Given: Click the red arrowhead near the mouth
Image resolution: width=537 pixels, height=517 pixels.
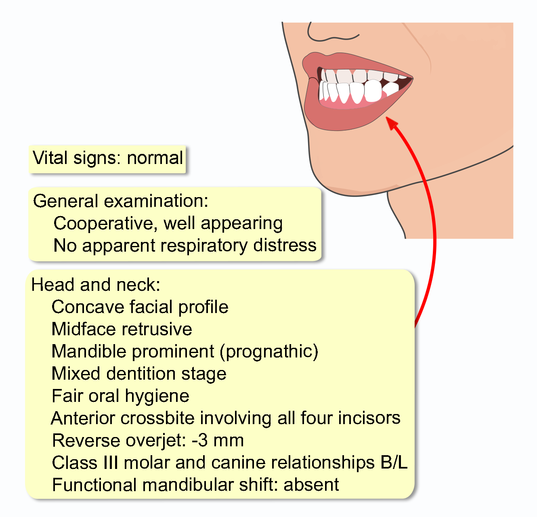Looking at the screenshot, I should pos(391,122).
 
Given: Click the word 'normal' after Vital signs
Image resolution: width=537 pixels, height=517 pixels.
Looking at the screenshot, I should pos(155,158).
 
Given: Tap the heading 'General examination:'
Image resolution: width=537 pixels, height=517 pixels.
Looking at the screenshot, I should pos(120,201).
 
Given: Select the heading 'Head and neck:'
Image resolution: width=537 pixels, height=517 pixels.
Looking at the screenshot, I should pos(96,285).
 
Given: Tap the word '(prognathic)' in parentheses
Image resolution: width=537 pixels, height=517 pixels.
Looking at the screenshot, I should pos(269,351).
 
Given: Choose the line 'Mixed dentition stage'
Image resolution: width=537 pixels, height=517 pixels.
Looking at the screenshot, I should pos(139,374).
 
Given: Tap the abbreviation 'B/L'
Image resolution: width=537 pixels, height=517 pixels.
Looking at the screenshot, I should pos(394,462).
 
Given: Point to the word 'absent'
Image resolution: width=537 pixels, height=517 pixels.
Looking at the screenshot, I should pos(311,485).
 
